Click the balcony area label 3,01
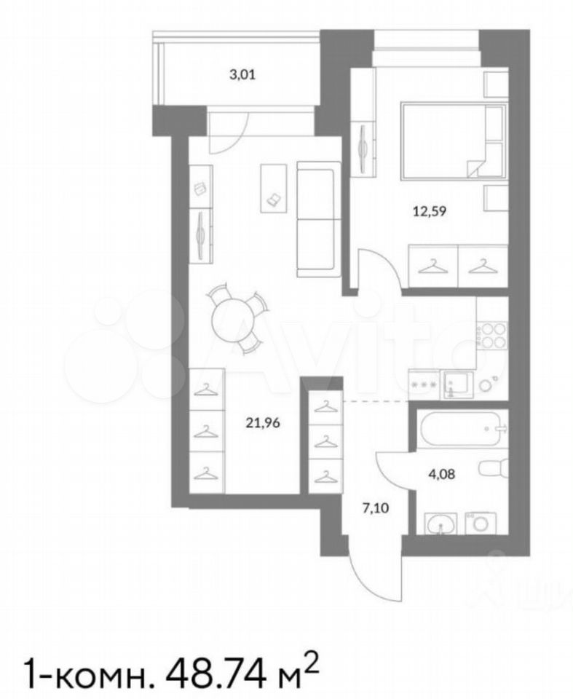(242, 74)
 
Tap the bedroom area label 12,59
(429, 211)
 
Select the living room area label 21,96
(263, 422)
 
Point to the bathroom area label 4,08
(441, 474)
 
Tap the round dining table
(232, 319)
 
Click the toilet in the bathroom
(494, 470)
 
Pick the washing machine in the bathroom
(481, 524)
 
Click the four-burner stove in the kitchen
(492, 335)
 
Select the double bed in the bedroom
(454, 141)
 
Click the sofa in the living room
(316, 219)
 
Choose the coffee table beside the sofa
(273, 188)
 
